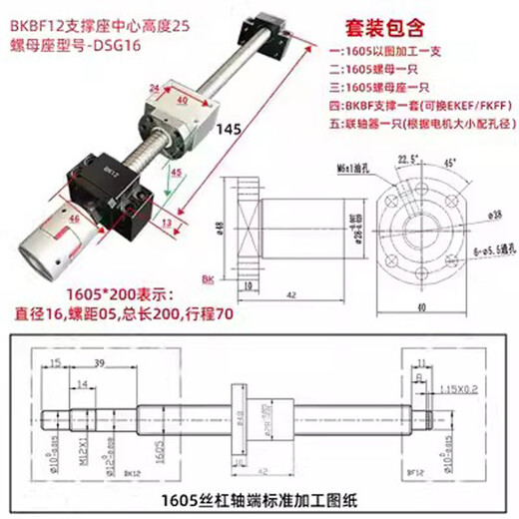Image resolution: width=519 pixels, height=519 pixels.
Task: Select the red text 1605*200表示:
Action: [x=95, y=294]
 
